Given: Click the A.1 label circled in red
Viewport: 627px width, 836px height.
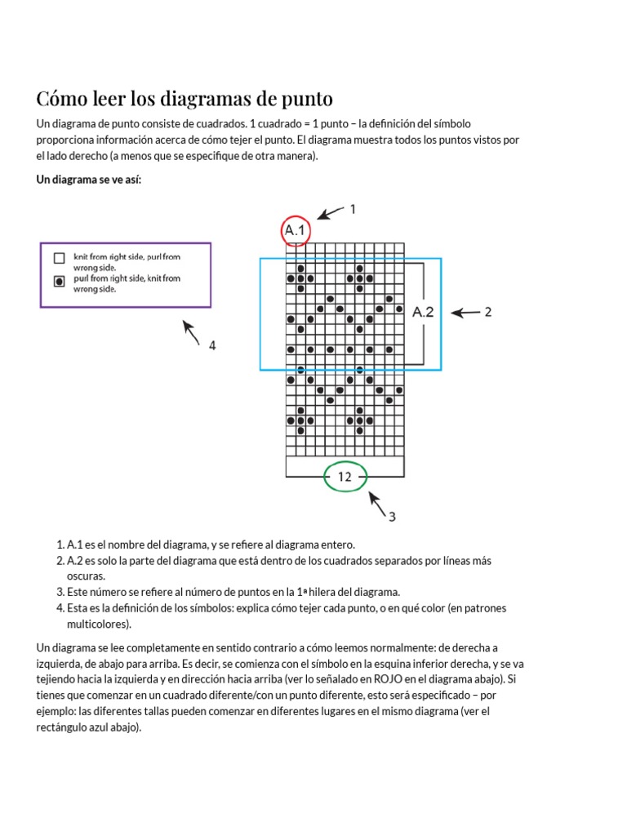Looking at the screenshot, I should pos(296,232).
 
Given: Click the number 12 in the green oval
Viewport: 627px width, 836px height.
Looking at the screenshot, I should pos(345,477).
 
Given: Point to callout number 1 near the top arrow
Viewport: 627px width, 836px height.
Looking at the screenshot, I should pos(353,209).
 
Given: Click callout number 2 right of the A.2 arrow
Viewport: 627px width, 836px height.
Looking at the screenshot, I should pos(488,312).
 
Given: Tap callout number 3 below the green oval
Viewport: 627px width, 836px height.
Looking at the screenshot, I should pos(392,516).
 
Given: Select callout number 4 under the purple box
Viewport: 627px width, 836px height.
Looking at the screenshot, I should pos(211,345).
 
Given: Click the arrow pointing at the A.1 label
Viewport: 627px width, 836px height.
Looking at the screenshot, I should pos(330,214).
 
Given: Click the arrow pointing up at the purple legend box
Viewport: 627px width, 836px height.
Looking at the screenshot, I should pos(191,332).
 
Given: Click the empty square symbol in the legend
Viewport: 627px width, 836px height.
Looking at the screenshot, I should pos(59,259).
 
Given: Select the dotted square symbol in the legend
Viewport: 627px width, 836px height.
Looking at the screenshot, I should pos(59,281).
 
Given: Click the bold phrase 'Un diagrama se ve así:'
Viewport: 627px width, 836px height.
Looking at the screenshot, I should pos(89,180).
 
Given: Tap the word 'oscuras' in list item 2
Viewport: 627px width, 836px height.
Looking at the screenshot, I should pos(86,576).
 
